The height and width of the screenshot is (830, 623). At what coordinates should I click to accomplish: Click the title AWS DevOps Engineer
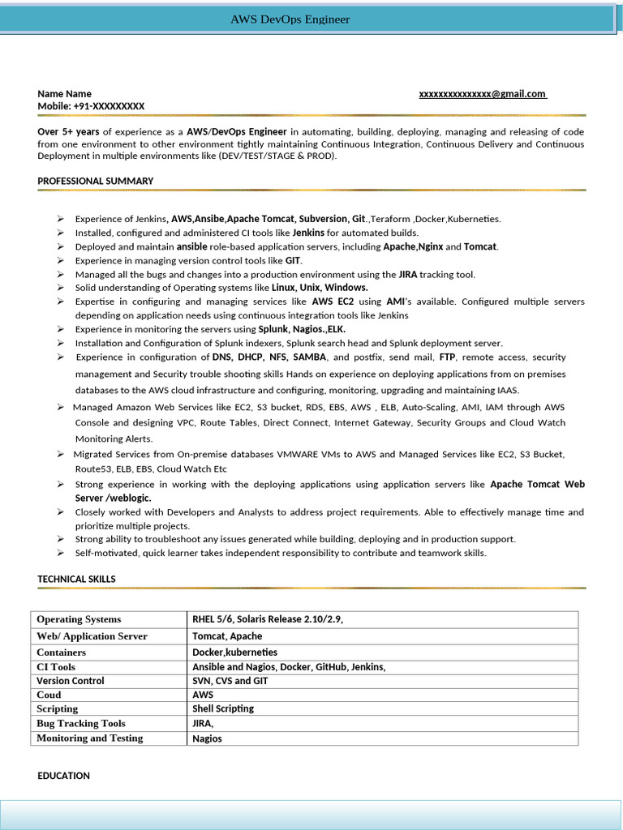pos(290,19)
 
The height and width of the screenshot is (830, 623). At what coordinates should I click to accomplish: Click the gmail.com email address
pos(482,94)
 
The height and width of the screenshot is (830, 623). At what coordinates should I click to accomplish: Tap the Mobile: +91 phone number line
pos(91,106)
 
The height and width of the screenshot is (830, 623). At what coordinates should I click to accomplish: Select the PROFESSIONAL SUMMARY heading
pos(95,181)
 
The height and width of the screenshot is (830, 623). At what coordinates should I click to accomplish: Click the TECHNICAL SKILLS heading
pos(76,579)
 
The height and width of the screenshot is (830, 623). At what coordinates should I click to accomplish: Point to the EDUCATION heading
pos(63,776)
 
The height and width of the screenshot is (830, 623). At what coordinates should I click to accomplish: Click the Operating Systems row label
pos(79,619)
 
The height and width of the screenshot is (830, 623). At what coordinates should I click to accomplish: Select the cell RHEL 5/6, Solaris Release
pos(267,619)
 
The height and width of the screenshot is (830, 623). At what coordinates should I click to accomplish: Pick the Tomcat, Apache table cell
pos(227,636)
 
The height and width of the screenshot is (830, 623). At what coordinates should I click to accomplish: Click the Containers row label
pos(61,652)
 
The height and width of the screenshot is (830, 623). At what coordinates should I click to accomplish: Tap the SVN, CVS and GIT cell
pos(230,681)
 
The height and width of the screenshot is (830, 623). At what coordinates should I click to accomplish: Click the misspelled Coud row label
pos(49,695)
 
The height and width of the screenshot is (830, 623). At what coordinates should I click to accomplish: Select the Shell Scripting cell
pos(223,708)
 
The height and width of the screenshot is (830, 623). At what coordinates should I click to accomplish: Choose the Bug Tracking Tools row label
pos(81,723)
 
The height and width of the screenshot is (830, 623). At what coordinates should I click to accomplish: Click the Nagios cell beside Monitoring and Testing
pos(207,738)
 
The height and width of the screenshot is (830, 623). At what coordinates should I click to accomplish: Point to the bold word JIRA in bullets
pos(408,274)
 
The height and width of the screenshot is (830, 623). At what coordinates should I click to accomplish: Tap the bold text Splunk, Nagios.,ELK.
pos(302,329)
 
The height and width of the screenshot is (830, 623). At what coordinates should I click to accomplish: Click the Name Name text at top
pos(64,94)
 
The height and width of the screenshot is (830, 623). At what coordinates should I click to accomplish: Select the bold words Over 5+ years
pos(68,131)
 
